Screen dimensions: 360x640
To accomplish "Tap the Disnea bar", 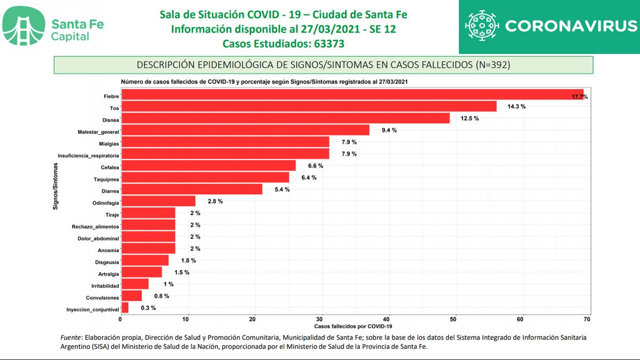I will coord(285,118).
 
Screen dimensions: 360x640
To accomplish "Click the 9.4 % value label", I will coord(389,130).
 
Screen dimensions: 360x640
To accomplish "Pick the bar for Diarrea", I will coord(191,189).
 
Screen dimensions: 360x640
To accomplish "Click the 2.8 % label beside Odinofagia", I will coord(215,201).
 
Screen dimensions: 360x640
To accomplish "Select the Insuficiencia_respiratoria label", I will coord(88,155).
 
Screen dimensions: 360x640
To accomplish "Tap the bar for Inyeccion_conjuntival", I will coord(125,308).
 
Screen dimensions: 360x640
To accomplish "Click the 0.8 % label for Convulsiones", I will coord(162,296).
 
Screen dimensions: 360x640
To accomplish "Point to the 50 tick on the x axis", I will coord(453,319).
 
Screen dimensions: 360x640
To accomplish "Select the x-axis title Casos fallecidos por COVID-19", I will coord(353,326).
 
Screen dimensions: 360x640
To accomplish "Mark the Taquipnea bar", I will coord(205,178).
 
